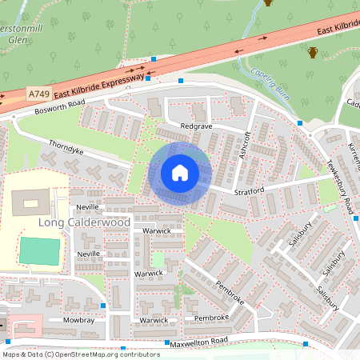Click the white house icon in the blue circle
(180, 173)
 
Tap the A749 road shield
(38, 94)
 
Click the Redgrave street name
(197, 127)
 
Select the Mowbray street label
(65, 319)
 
